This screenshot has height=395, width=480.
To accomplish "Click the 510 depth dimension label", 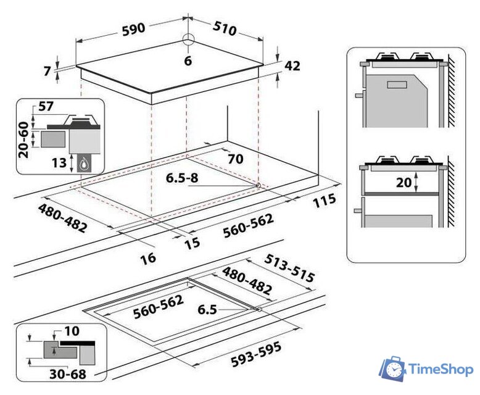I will coord(223,28).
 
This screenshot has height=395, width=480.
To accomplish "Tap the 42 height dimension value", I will coord(292,65).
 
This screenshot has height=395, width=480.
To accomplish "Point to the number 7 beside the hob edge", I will coord(47,71).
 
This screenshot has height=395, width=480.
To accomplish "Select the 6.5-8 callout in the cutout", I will coord(181,178).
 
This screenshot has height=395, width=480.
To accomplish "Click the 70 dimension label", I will coord(236,158).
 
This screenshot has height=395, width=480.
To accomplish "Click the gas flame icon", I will coord(83,164).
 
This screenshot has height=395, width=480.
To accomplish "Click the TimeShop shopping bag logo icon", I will coord(392,368).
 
